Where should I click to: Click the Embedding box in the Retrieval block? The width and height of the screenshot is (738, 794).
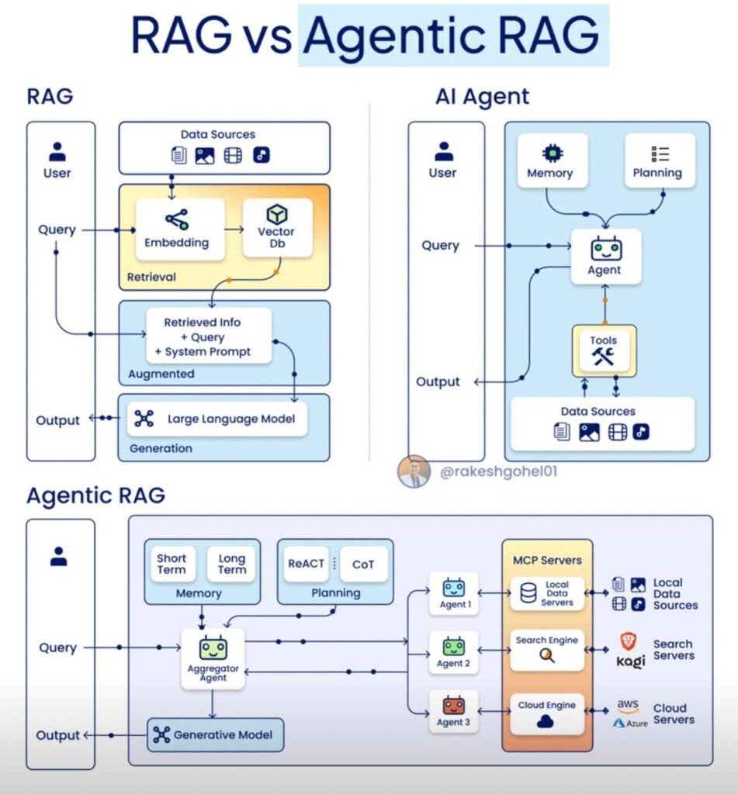coord(181,230)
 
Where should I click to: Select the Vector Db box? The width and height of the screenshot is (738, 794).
coord(277,228)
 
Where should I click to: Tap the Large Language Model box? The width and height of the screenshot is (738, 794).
coord(217,419)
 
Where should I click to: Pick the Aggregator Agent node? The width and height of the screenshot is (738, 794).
coord(213,658)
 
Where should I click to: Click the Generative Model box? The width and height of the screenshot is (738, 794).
coord(216,735)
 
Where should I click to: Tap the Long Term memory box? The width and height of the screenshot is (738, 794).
coord(231,564)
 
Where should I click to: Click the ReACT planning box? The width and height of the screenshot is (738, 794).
coord(307,564)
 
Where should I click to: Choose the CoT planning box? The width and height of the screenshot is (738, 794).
coord(363,564)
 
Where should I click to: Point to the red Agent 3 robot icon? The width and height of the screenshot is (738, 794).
coord(454,704)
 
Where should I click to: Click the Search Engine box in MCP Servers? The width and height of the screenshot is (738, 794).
coord(547,651)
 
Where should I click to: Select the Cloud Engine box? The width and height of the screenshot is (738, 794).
coord(547,714)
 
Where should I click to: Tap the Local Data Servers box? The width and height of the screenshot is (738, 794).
coord(547,593)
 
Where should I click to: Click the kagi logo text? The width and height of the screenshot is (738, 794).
coord(631,661)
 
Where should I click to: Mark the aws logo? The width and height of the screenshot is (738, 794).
coord(628,705)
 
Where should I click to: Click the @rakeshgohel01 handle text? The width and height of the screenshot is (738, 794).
coord(499,471)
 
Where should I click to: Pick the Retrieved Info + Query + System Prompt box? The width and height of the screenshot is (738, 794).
coord(209,337)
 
